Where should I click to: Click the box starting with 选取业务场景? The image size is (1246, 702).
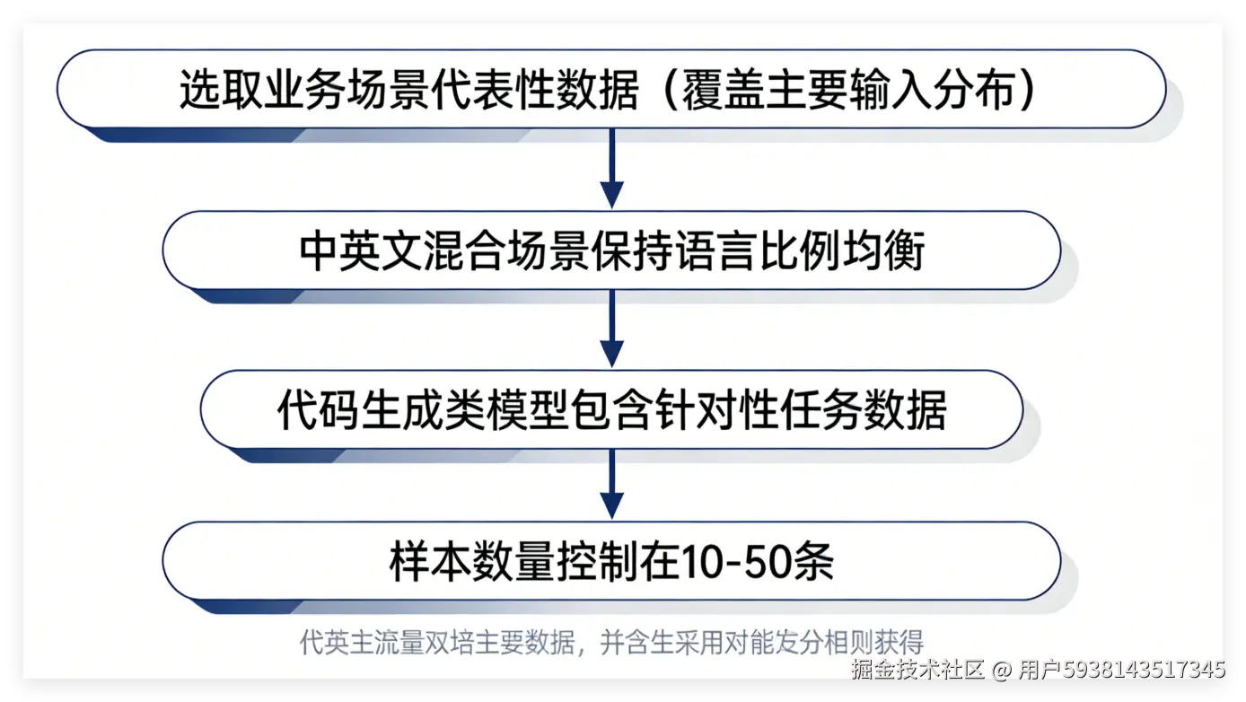pos(610,90)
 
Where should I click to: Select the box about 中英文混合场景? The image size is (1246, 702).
pos(610,250)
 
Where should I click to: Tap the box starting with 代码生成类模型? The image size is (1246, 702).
pos(610,410)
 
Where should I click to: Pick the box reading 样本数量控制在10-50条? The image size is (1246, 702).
pos(610,561)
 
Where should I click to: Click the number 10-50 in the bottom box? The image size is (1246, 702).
pos(737,562)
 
